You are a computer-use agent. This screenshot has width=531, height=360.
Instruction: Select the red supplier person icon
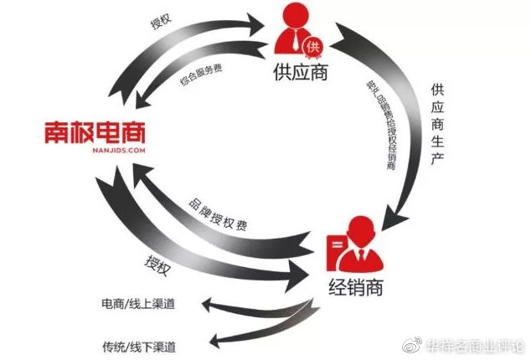294,33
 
